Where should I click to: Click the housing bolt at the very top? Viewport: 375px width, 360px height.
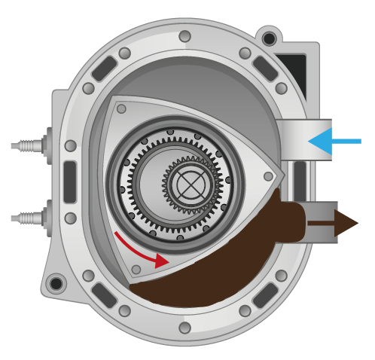184,36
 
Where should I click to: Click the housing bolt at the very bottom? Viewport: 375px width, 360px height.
184,328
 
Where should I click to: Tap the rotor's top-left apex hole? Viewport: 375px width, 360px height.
121,108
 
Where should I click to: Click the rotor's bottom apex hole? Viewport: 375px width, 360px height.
136,269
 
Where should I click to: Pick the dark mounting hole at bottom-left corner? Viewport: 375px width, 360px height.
56,284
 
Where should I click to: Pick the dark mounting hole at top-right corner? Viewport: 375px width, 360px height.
269,38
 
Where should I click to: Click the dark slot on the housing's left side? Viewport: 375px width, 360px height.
70,182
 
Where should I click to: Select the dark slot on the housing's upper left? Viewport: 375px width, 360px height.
104,69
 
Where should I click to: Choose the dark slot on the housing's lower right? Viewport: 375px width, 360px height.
265,294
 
